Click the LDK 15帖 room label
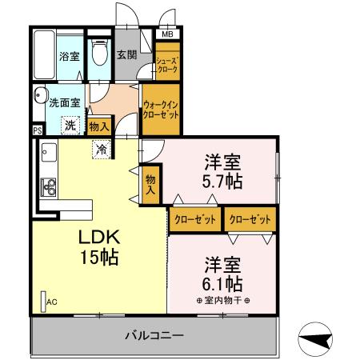pyautogui.click(x=99, y=247)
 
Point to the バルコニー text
pyautogui.click(x=154, y=334)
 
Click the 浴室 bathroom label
pyautogui.click(x=68, y=57)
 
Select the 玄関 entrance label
pyautogui.click(x=126, y=55)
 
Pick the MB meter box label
pyautogui.click(x=167, y=35)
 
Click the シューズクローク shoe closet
pyautogui.click(x=167, y=65)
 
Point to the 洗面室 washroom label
pyautogui.click(x=64, y=102)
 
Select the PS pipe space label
pyautogui.click(x=38, y=130)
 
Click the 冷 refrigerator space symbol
pyautogui.click(x=102, y=148)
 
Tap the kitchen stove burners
pyautogui.click(x=48, y=189)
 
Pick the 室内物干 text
pyautogui.click(x=222, y=300)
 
